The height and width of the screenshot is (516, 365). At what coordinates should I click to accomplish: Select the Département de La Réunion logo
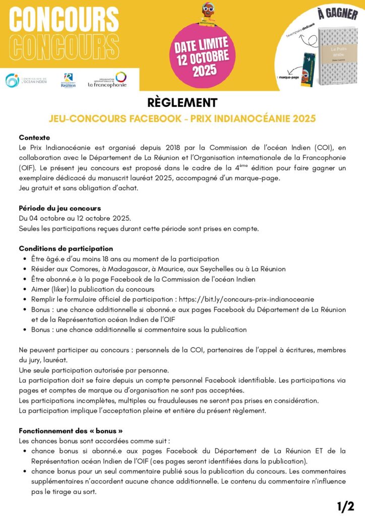pyautogui.click(x=69, y=80)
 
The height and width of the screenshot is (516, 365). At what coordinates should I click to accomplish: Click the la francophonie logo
pyautogui.click(x=107, y=80)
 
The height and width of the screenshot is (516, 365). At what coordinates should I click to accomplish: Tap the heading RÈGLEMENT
pyautogui.click(x=182, y=103)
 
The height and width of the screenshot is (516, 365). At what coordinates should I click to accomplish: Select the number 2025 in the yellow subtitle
pyautogui.click(x=302, y=118)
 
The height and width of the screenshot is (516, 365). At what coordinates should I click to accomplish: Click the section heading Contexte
pyautogui.click(x=34, y=138)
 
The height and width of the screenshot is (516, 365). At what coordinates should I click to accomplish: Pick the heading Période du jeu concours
pyautogui.click(x=60, y=208)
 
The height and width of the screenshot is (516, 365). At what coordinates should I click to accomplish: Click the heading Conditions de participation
pyautogui.click(x=66, y=248)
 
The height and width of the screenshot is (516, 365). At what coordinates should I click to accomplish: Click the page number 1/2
pyautogui.click(x=345, y=506)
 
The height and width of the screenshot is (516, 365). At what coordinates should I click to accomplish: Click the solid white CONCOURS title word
pyautogui.click(x=59, y=19)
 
